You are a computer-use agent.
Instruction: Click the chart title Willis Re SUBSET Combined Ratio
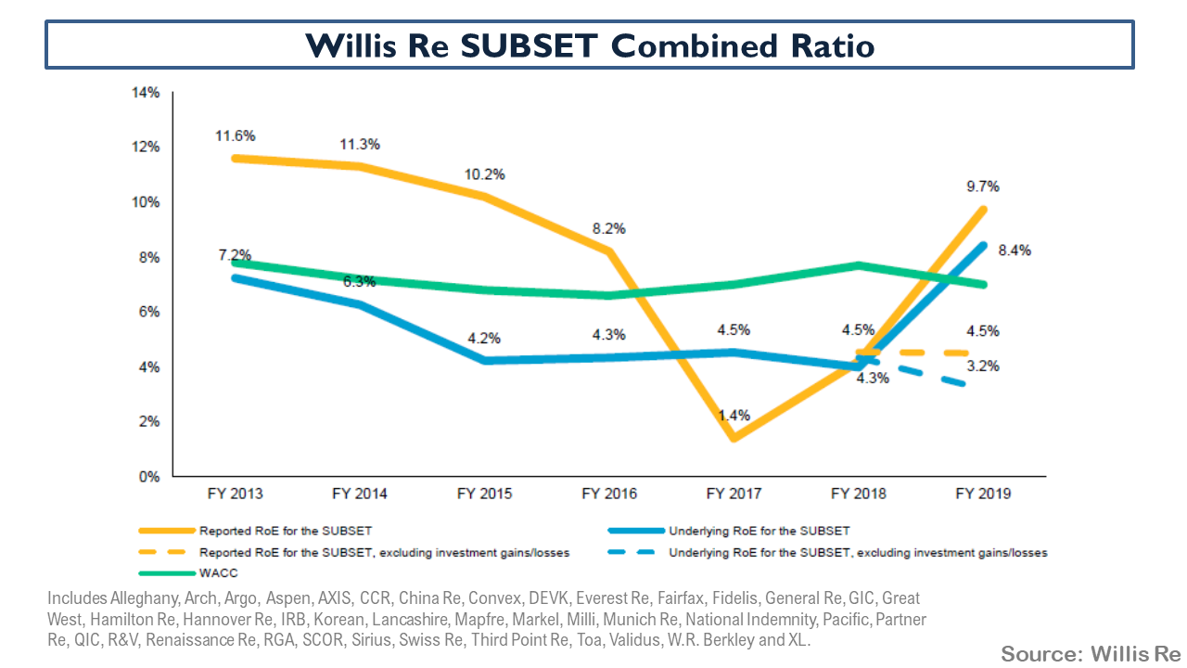tap(591, 45)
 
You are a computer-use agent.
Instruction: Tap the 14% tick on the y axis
tap(147, 93)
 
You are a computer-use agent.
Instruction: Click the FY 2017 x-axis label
tap(734, 495)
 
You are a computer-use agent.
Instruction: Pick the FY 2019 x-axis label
tap(984, 495)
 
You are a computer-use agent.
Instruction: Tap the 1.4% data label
tap(734, 415)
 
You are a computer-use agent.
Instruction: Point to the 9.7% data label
tap(981, 186)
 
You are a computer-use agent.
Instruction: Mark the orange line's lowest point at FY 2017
tap(734, 438)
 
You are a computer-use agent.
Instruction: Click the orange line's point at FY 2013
tap(235, 159)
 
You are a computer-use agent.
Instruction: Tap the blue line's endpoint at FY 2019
tap(984, 245)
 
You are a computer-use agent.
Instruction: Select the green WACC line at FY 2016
tap(609, 295)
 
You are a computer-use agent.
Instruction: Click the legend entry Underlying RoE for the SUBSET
tap(759, 532)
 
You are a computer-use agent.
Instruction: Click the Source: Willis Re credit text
tap(1090, 653)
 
